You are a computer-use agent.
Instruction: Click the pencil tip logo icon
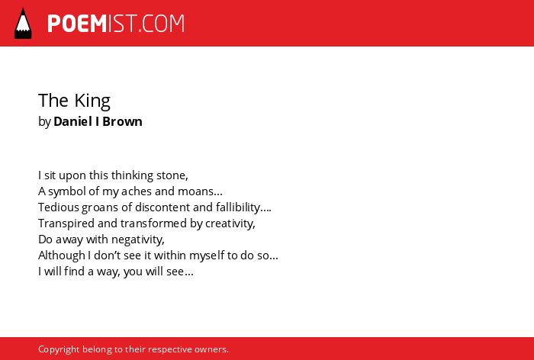23,24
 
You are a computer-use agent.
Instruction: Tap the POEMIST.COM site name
116,24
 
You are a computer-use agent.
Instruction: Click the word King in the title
92,101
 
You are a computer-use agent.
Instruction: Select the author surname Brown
122,121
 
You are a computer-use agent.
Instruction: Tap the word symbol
67,191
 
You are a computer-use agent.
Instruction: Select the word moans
200,191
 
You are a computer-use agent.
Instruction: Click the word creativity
230,223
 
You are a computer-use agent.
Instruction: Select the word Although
62,256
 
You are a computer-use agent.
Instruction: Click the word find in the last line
74,272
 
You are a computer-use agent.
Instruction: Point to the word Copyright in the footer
59,349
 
